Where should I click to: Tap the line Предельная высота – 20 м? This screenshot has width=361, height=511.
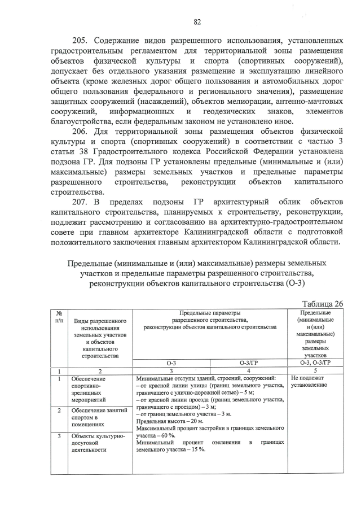point(170,422)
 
